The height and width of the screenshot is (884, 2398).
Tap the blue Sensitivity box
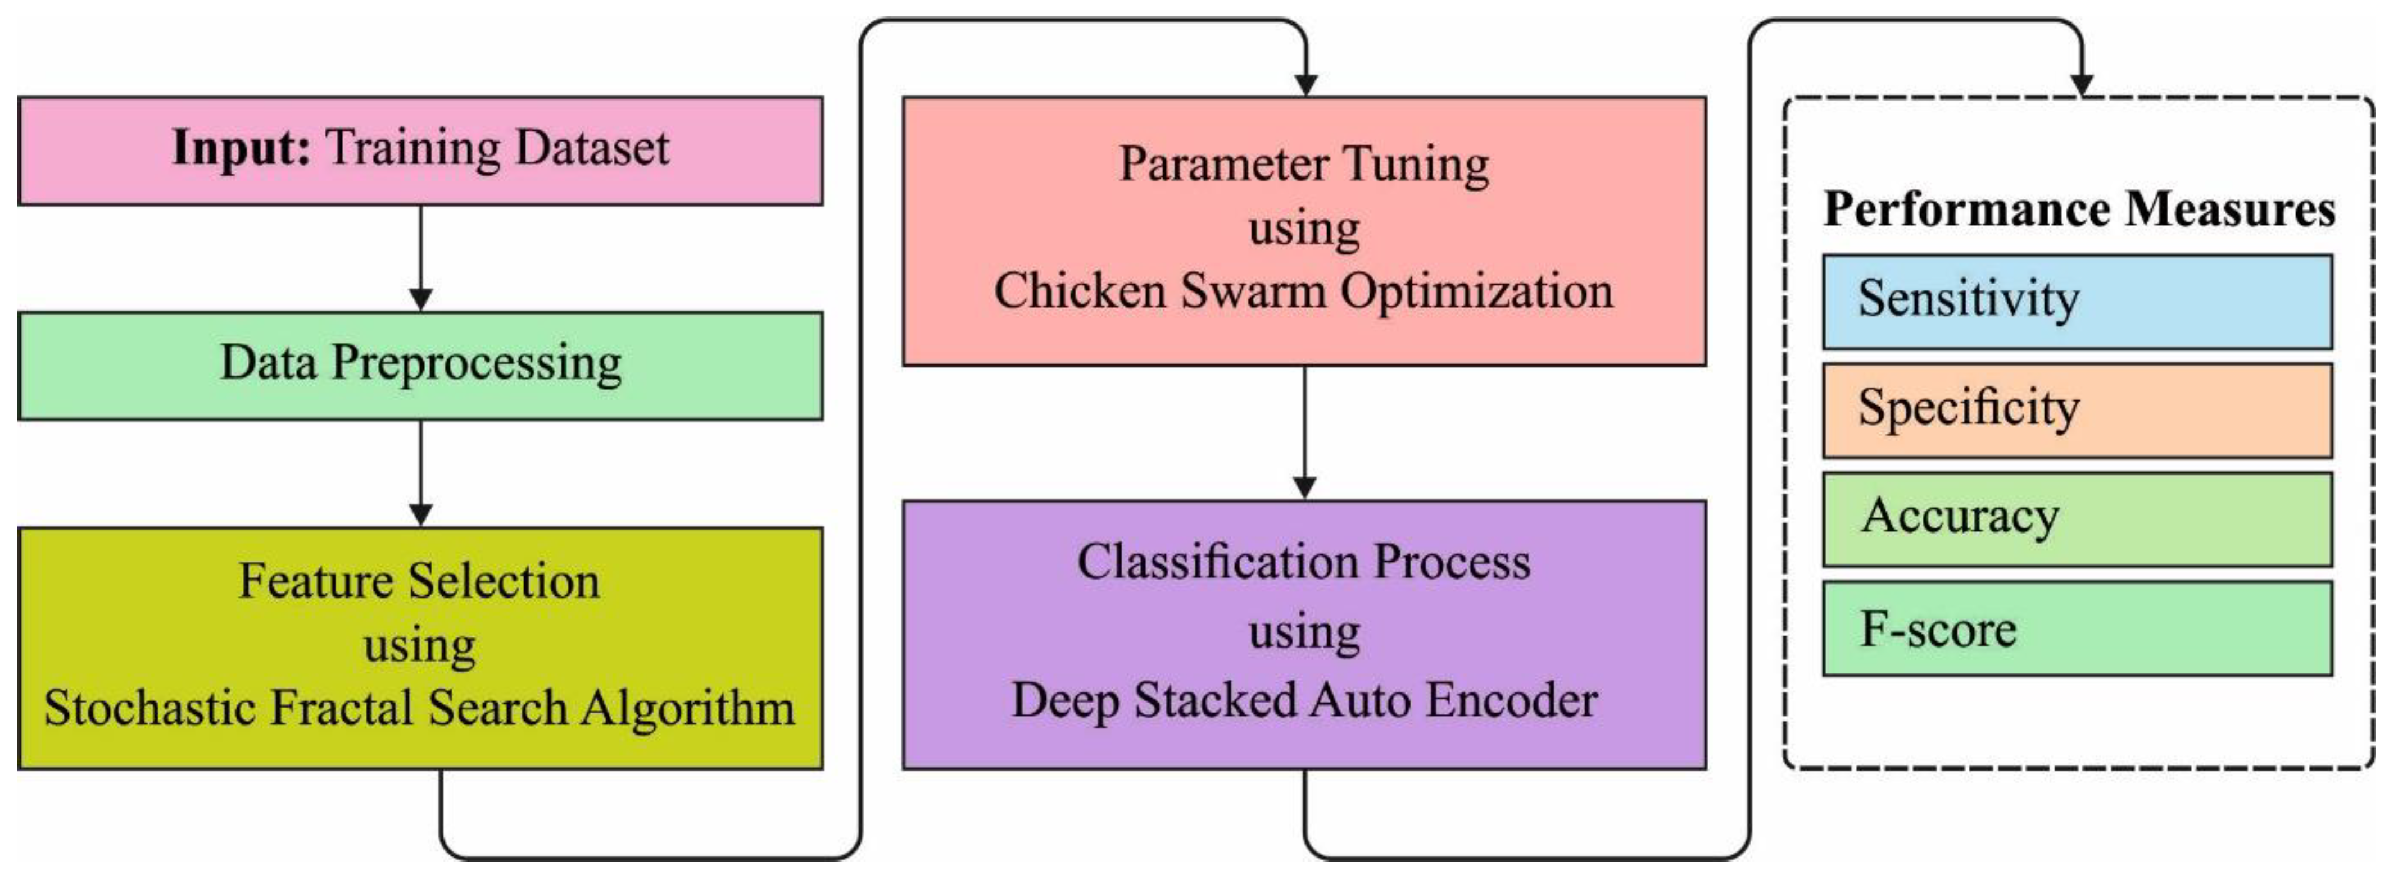pyautogui.click(x=2077, y=302)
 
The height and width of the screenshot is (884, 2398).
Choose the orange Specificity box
pyautogui.click(x=2077, y=411)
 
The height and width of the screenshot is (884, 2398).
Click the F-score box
pyautogui.click(x=2077, y=629)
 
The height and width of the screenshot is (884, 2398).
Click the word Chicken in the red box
pyautogui.click(x=1079, y=291)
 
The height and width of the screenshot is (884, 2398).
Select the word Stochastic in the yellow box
pyautogui.click(x=149, y=708)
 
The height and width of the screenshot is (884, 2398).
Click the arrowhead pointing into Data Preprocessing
pyautogui.click(x=421, y=300)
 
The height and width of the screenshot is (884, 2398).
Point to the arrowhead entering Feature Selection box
pyautogui.click(x=421, y=514)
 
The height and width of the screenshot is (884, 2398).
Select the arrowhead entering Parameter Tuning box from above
pyautogui.click(x=1306, y=85)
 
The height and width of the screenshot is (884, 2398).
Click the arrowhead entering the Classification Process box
pyautogui.click(x=1305, y=487)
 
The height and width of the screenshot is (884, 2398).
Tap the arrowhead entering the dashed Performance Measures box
pyautogui.click(x=2082, y=85)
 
